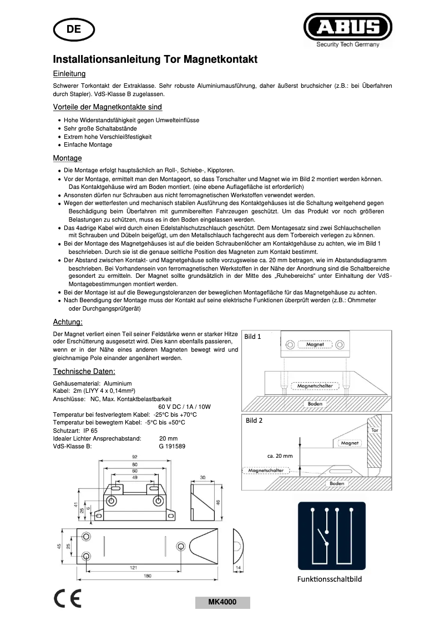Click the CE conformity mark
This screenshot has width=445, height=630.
click(x=67, y=598)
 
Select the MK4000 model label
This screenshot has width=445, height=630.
click(x=222, y=602)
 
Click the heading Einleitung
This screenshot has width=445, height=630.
click(x=69, y=73)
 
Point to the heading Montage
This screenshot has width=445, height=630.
click(x=67, y=158)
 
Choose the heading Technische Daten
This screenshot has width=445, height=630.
click(x=84, y=371)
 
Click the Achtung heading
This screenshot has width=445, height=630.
click(x=68, y=322)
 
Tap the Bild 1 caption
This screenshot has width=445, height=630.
click(x=253, y=337)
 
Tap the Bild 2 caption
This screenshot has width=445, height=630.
click(x=254, y=421)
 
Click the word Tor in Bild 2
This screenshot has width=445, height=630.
click(x=374, y=431)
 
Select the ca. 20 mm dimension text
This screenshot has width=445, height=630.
click(x=280, y=456)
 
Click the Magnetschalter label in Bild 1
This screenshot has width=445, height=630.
click(x=315, y=386)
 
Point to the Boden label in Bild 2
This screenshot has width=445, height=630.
click(x=337, y=484)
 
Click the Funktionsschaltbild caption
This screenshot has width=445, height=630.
click(x=330, y=579)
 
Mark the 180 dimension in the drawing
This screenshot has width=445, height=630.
click(x=148, y=576)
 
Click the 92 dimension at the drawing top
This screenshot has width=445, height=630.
click(x=134, y=457)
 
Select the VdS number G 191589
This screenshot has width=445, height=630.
click(x=172, y=446)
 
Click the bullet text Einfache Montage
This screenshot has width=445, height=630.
click(x=88, y=144)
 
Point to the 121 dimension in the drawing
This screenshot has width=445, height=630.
click(x=133, y=567)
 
